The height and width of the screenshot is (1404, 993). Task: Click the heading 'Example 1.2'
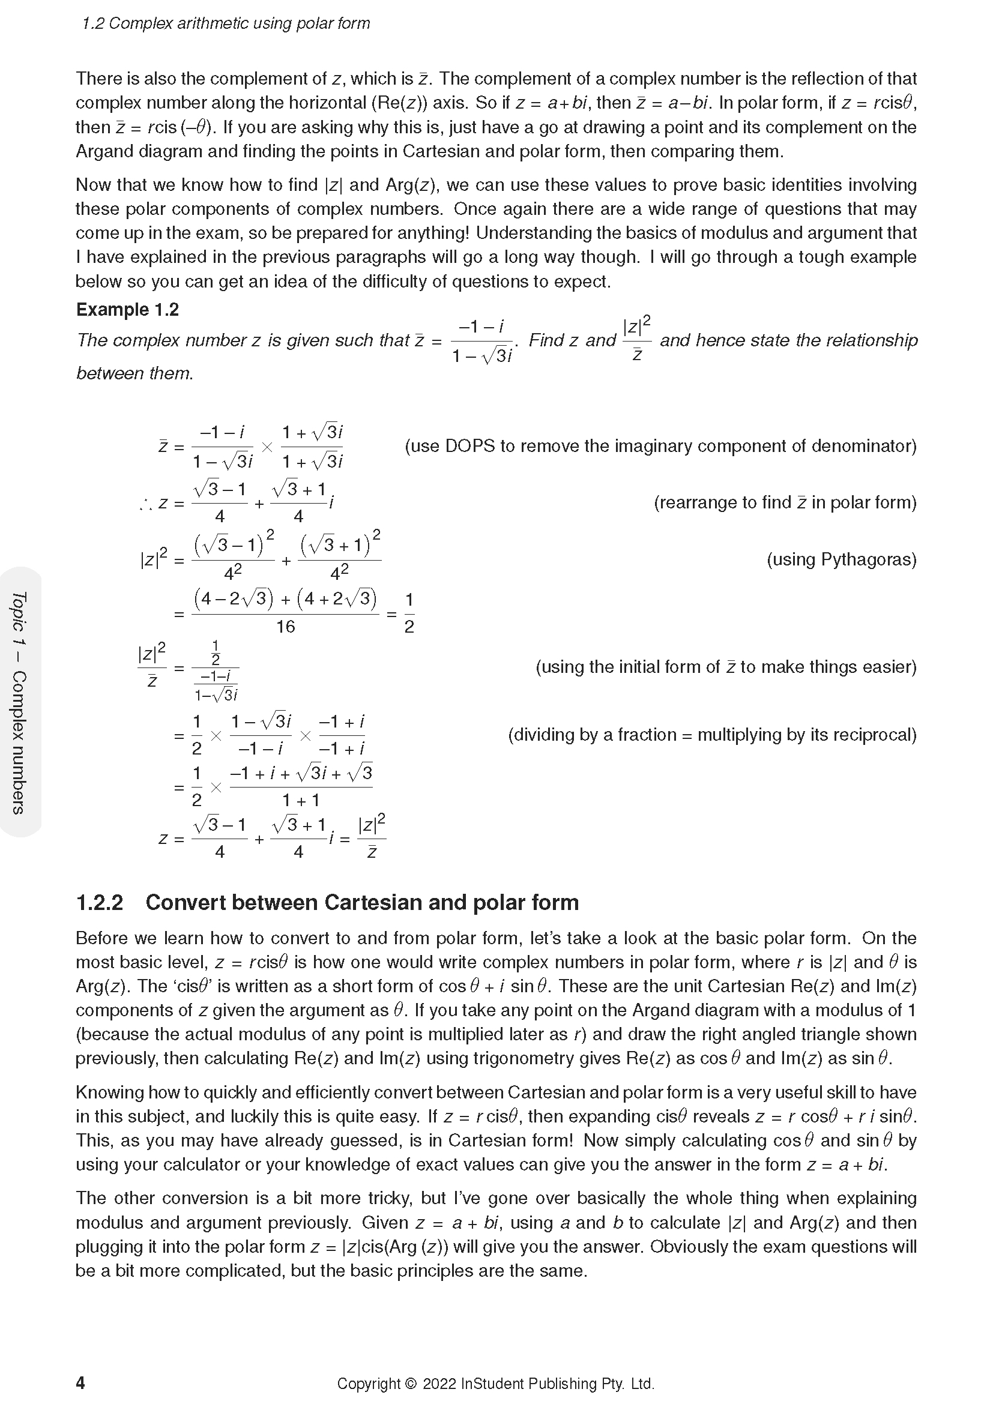pos(127,309)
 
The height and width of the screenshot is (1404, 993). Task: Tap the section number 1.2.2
pos(100,903)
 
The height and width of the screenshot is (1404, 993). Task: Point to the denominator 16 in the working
pos(286,627)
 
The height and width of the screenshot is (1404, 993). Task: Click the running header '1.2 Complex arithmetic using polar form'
pos(226,23)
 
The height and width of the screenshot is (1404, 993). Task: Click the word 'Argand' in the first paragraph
pos(104,151)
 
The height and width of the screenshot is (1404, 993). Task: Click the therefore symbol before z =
pos(145,504)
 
